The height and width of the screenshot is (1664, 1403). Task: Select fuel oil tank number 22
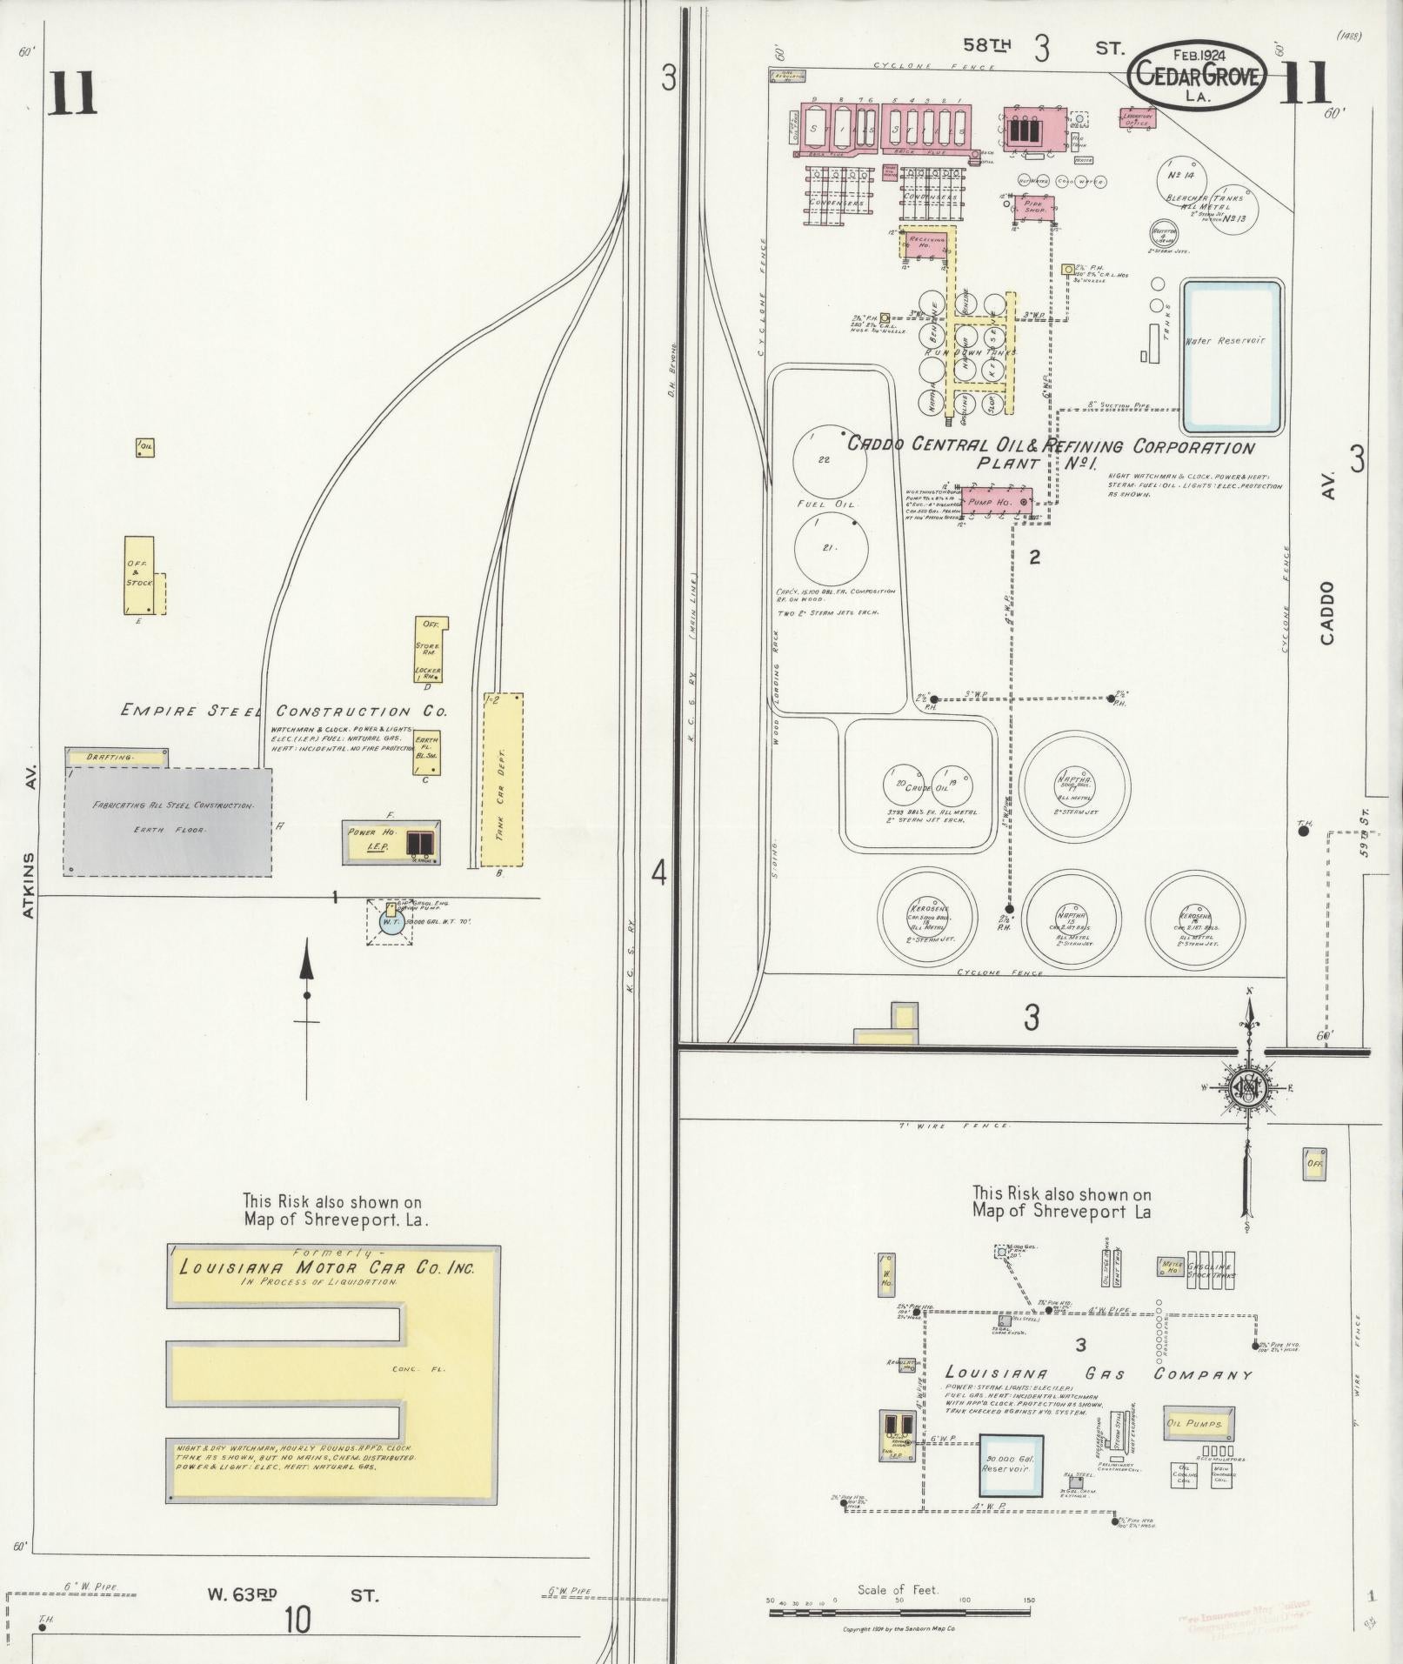(830, 460)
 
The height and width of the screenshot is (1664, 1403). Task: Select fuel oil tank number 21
(832, 547)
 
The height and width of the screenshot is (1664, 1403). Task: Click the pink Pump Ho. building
(995, 502)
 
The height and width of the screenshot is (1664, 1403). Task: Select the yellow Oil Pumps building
(1196, 1424)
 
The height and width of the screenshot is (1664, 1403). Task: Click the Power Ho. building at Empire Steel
(391, 841)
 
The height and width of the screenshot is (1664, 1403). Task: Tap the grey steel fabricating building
(168, 820)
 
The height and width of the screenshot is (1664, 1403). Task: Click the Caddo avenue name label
(1326, 612)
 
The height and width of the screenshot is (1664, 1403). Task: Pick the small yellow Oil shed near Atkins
(145, 447)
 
